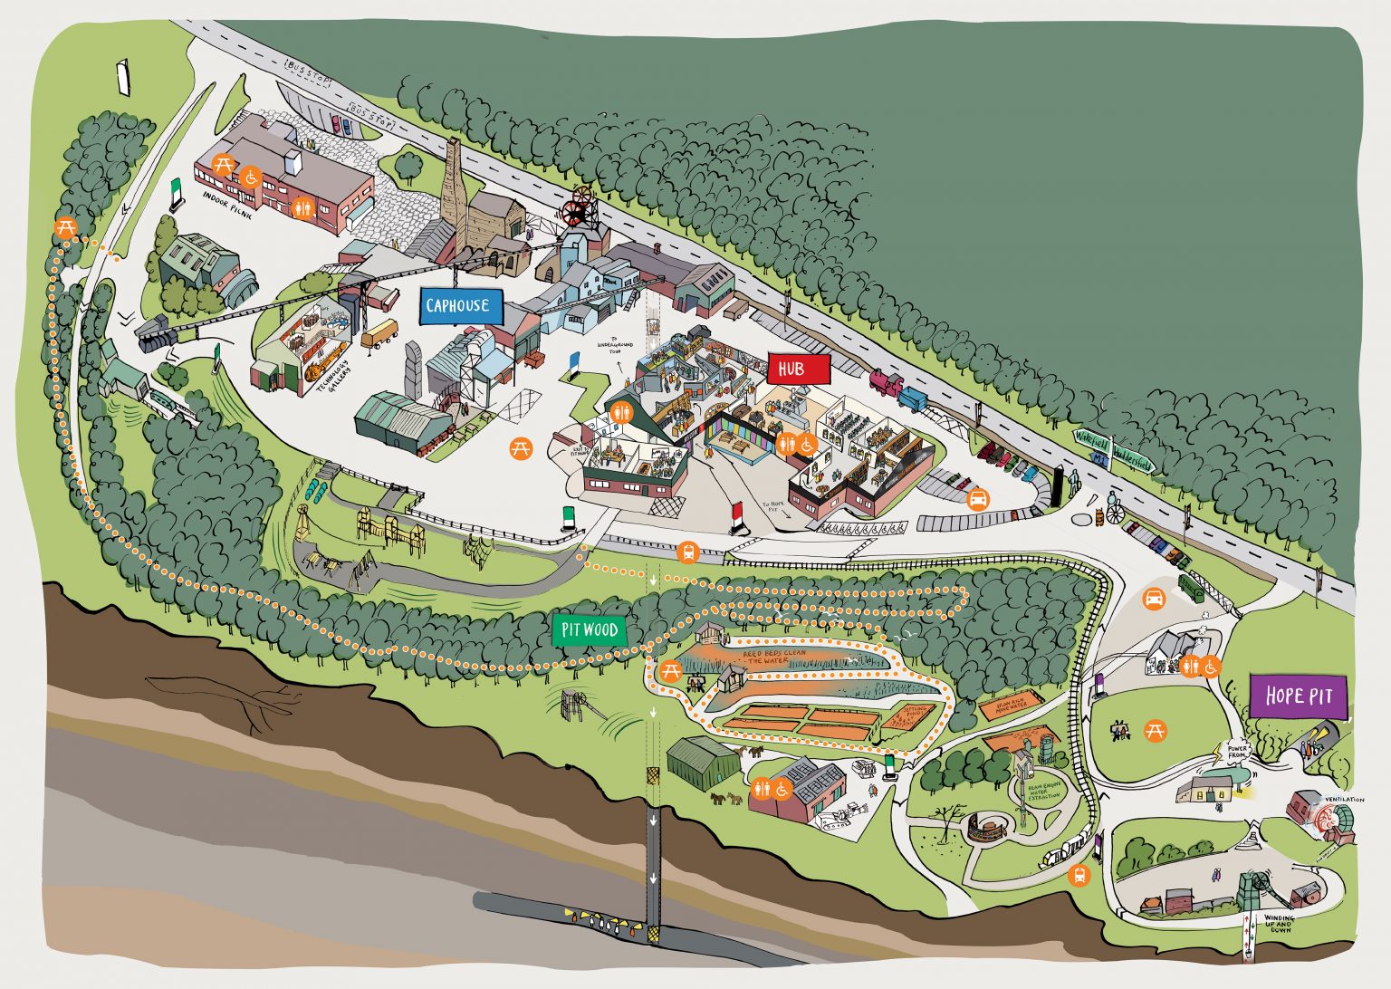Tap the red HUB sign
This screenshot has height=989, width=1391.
798,370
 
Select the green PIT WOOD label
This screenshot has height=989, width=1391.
590,630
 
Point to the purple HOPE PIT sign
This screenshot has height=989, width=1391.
1298,696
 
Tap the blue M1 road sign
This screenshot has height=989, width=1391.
1100,458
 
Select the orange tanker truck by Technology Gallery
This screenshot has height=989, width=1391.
380,333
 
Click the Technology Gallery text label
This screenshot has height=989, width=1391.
327,399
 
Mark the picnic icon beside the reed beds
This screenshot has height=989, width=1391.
671,671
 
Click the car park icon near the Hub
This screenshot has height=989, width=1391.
979,499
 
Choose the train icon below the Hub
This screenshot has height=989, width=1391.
688,552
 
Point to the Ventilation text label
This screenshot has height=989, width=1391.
1344,800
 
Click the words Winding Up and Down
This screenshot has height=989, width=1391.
1280,924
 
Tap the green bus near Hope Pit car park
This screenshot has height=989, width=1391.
1192,587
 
